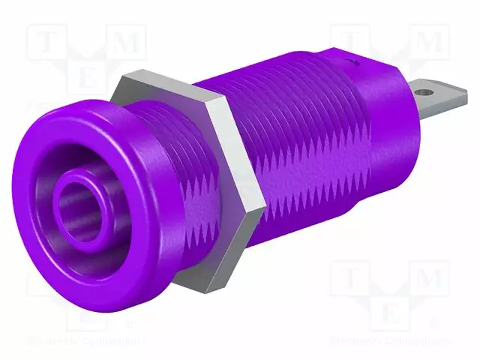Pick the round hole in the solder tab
click(428, 92)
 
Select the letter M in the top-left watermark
click(127, 43)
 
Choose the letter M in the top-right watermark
click(432, 43)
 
